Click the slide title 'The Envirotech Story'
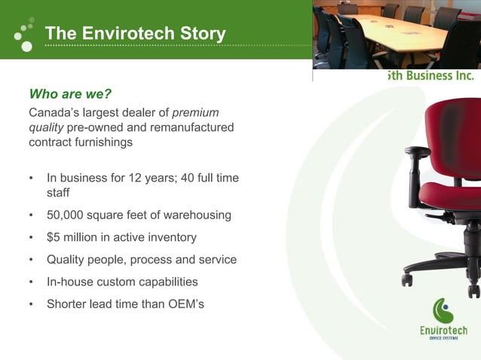135,34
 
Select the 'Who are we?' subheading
70,94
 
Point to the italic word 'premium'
196,113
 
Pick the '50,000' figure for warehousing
66,215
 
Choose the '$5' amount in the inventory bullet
54,237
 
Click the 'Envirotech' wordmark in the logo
443,331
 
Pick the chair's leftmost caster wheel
407,279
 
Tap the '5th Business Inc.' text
430,75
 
